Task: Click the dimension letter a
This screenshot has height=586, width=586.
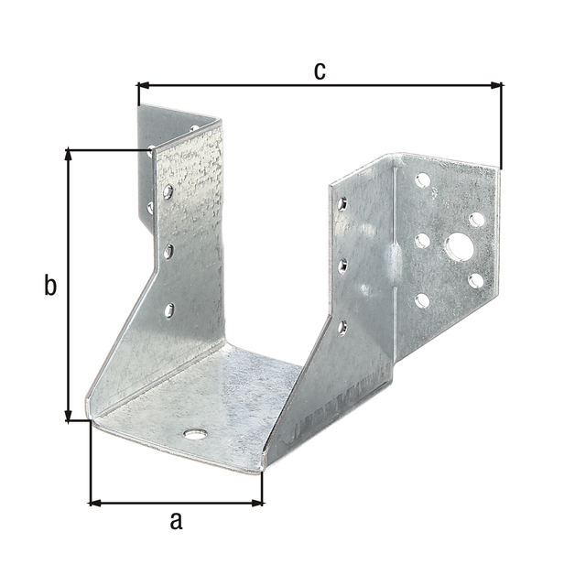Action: click(x=177, y=522)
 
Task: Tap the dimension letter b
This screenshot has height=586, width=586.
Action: click(x=50, y=286)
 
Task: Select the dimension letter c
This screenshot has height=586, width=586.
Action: click(x=320, y=71)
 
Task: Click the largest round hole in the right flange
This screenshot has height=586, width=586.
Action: click(x=458, y=246)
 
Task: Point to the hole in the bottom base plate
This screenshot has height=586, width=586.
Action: click(x=194, y=433)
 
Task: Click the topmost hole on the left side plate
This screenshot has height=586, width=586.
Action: click(x=168, y=192)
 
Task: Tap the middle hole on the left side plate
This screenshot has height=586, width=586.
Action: click(x=168, y=250)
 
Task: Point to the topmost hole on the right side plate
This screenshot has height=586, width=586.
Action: click(x=342, y=203)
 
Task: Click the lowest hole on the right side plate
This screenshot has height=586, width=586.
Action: click(x=342, y=326)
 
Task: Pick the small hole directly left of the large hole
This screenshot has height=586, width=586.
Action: click(x=422, y=241)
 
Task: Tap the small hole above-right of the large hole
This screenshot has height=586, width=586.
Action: click(x=477, y=220)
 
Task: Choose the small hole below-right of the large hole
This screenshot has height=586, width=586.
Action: click(x=475, y=280)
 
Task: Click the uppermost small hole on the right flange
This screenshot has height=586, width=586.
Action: click(x=422, y=180)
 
